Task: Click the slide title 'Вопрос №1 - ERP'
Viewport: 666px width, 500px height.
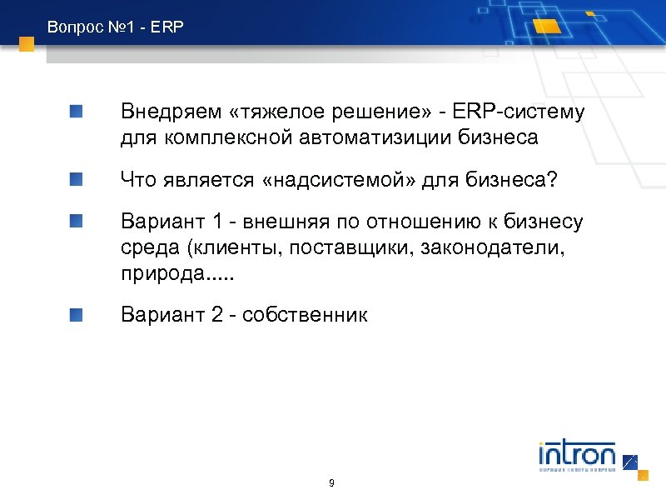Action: click(x=115, y=27)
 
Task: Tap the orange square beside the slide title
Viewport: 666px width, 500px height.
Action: click(x=27, y=44)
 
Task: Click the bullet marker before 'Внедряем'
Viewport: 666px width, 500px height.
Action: click(x=76, y=112)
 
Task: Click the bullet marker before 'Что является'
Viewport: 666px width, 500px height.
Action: click(x=76, y=178)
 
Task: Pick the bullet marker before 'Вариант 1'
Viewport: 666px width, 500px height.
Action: click(x=76, y=221)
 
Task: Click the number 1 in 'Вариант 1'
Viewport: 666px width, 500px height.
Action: click(x=217, y=222)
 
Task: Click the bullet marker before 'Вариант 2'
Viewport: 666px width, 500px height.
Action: click(x=76, y=314)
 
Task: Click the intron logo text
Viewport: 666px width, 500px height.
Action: click(x=576, y=456)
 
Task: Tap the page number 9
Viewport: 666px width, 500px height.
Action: click(x=332, y=483)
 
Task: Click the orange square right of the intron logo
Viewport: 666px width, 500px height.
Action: click(x=643, y=475)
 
